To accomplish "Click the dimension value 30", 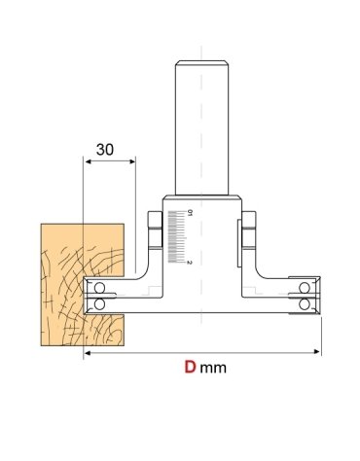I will coord(106,151).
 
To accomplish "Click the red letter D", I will coord(192,370).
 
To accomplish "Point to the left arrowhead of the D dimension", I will coord(89,353).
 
